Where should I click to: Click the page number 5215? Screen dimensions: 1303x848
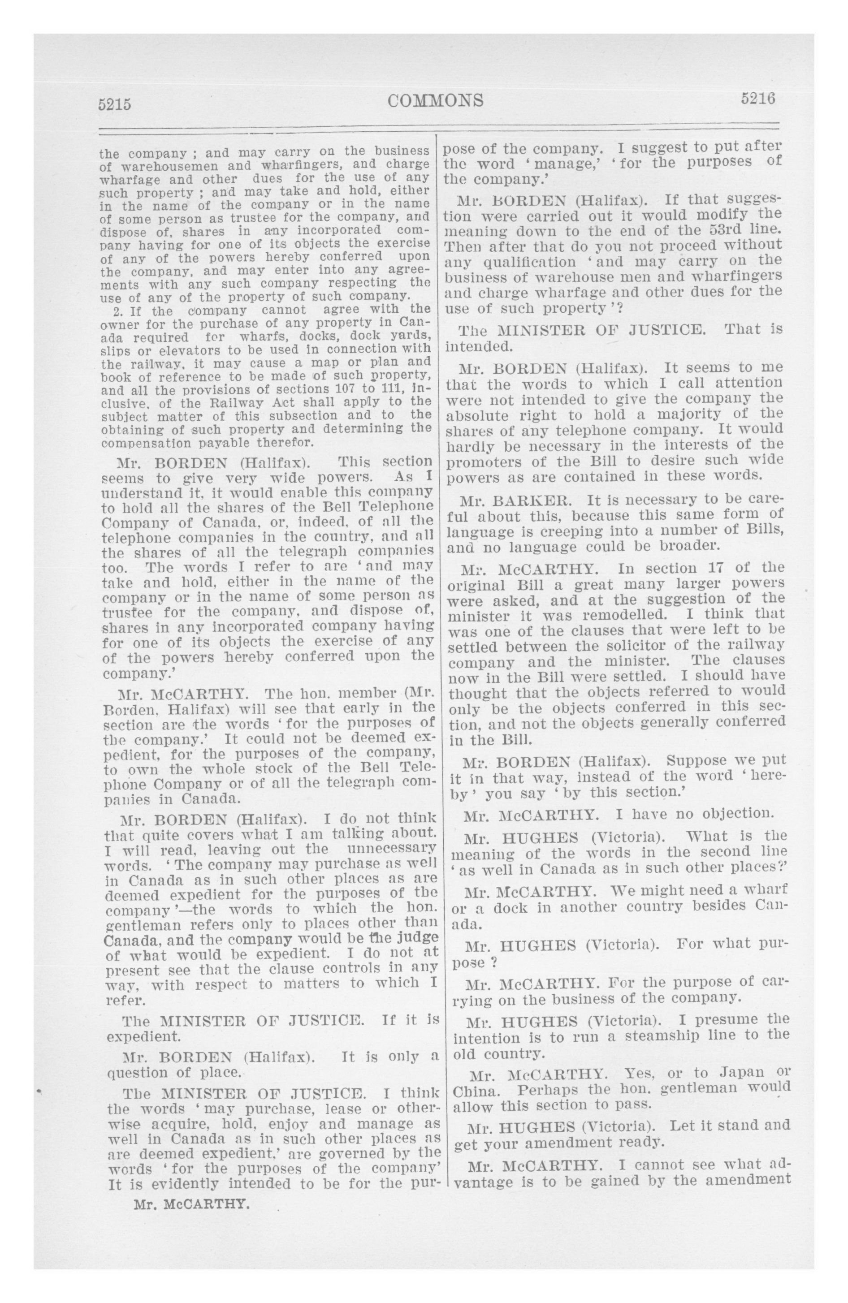pyautogui.click(x=114, y=104)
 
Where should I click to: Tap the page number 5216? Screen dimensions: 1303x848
pyautogui.click(x=758, y=99)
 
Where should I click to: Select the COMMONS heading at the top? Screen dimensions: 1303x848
pyautogui.click(x=436, y=101)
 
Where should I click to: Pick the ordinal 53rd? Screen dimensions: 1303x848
pyautogui.click(x=705, y=229)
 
